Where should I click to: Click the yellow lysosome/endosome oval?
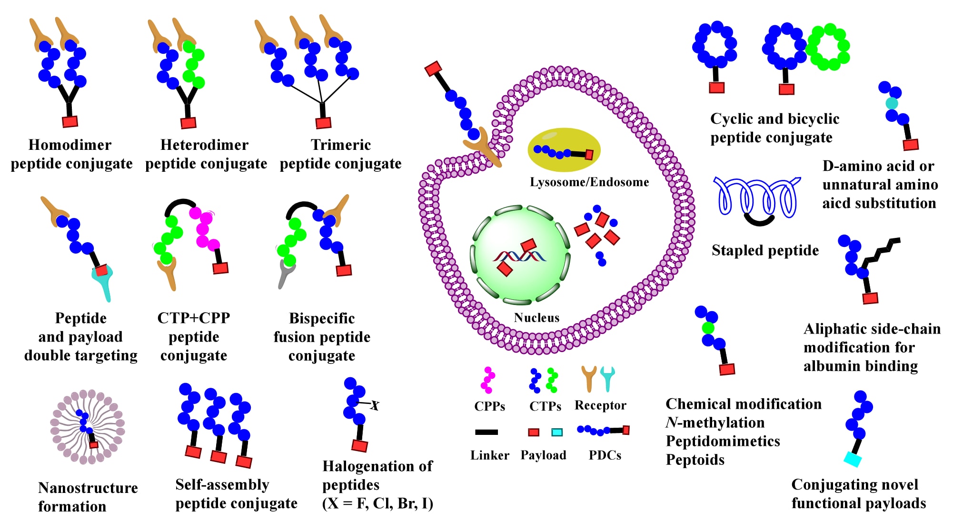point(564,149)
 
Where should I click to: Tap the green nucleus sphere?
point(521,254)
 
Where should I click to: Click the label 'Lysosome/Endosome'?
point(589,182)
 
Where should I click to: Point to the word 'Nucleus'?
point(536,318)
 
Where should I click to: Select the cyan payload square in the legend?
point(556,432)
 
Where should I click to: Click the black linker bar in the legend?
point(486,432)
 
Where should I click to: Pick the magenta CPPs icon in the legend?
point(488,380)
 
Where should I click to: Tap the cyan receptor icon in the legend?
point(607,378)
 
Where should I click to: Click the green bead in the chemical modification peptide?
point(708,328)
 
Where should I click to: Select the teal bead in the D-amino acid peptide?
point(892,103)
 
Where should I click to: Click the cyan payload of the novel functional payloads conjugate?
point(853,459)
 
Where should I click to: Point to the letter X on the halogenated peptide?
point(375,405)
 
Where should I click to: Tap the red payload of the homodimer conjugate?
point(70,121)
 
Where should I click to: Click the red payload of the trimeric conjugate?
point(323,123)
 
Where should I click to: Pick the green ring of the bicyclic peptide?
point(828,47)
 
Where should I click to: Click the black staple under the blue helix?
point(759,220)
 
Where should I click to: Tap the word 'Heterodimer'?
point(204,145)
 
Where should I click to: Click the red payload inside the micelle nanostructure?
point(94,444)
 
